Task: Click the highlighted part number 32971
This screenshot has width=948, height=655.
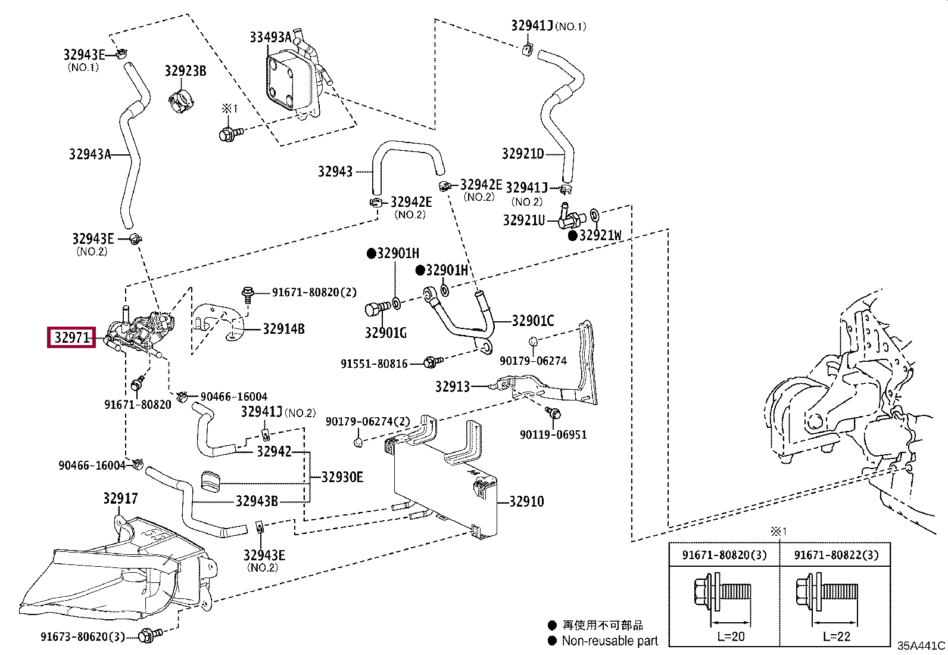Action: [x=71, y=338]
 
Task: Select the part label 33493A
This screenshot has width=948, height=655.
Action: [x=270, y=38]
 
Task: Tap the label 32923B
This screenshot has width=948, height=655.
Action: [x=185, y=72]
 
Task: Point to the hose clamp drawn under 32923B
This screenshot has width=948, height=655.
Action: [x=182, y=101]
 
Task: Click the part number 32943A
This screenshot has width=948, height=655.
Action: [x=90, y=154]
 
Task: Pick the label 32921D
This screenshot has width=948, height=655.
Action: [x=523, y=154]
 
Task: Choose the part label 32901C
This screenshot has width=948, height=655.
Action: [x=533, y=321]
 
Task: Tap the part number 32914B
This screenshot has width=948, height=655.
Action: [x=283, y=329]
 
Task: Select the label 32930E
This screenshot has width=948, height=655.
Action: [x=342, y=477]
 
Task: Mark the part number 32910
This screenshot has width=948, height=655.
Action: [x=527, y=501]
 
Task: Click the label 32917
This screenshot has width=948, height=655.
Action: [x=120, y=498]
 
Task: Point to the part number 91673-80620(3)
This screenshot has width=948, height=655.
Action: [x=83, y=637]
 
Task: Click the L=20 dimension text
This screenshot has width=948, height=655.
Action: [x=731, y=637]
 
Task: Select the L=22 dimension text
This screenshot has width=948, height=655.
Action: [x=837, y=637]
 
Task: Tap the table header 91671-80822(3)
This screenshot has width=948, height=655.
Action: [x=836, y=555]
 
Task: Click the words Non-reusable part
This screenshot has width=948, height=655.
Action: [x=610, y=641]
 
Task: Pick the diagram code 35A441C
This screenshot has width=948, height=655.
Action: [x=921, y=645]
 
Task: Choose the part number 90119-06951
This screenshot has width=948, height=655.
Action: [x=553, y=434]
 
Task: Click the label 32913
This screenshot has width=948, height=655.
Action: [x=453, y=387]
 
